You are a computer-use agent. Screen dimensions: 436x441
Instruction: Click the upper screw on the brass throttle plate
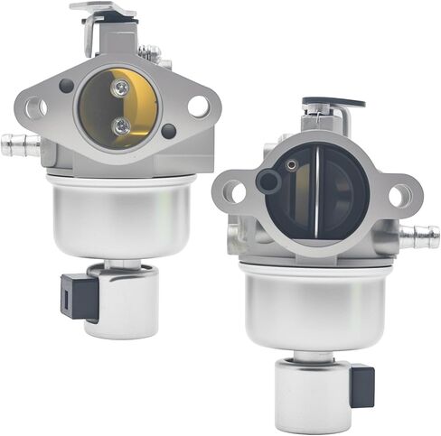(119, 87)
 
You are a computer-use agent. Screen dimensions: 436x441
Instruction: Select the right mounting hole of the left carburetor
(198, 106)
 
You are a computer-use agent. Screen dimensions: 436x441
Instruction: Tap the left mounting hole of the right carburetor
(232, 191)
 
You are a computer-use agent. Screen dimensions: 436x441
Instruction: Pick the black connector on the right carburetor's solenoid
(361, 385)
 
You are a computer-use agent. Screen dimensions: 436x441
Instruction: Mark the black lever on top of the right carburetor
(333, 104)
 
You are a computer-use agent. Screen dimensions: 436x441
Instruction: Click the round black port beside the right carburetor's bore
(268, 181)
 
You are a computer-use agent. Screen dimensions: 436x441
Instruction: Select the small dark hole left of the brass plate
(66, 86)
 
